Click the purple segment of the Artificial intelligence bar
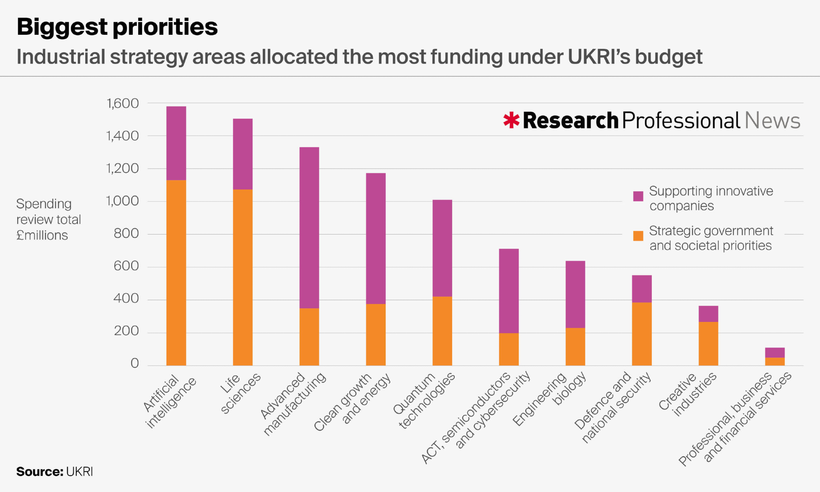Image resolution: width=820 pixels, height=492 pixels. (176, 143)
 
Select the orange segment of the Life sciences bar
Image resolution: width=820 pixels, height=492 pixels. (243, 277)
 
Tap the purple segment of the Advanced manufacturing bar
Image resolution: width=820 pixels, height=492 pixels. (309, 228)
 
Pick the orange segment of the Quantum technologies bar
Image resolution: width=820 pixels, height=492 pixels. (442, 331)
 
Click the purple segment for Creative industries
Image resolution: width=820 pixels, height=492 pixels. (708, 314)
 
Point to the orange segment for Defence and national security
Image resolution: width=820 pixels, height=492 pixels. (642, 334)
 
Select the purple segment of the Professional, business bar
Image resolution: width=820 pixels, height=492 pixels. (775, 353)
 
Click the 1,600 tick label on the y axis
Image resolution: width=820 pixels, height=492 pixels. (123, 103)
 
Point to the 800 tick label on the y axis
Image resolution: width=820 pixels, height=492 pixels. (126, 234)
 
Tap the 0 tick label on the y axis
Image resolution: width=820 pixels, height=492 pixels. (134, 363)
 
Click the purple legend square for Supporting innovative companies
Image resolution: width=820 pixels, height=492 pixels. (638, 196)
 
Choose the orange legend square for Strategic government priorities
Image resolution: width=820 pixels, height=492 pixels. (638, 236)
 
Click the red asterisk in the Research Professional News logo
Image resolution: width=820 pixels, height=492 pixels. (511, 120)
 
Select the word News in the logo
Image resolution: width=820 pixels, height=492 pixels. (772, 121)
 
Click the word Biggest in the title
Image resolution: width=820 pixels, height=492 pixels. (62, 27)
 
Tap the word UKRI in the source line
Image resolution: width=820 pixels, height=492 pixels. (80, 471)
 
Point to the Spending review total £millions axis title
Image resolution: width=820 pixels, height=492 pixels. (48, 219)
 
